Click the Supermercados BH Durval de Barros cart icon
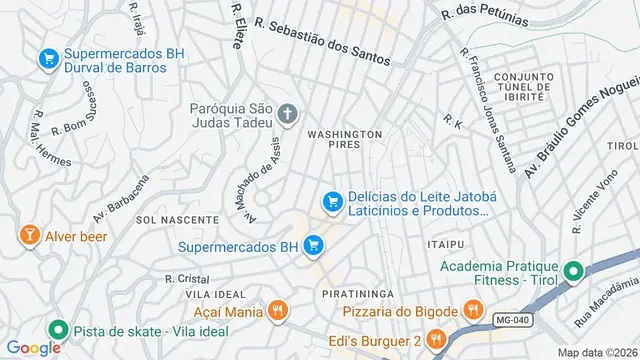[x=47, y=60]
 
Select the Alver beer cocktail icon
[x=29, y=236]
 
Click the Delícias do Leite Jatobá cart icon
[x=331, y=203]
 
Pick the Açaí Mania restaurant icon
[x=278, y=311]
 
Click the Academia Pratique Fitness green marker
[x=574, y=271]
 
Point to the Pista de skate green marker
[x=57, y=329]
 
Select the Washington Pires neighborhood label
[x=345, y=139]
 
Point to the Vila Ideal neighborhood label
[x=215, y=295]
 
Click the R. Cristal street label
[x=186, y=279]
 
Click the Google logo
[x=34, y=347]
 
